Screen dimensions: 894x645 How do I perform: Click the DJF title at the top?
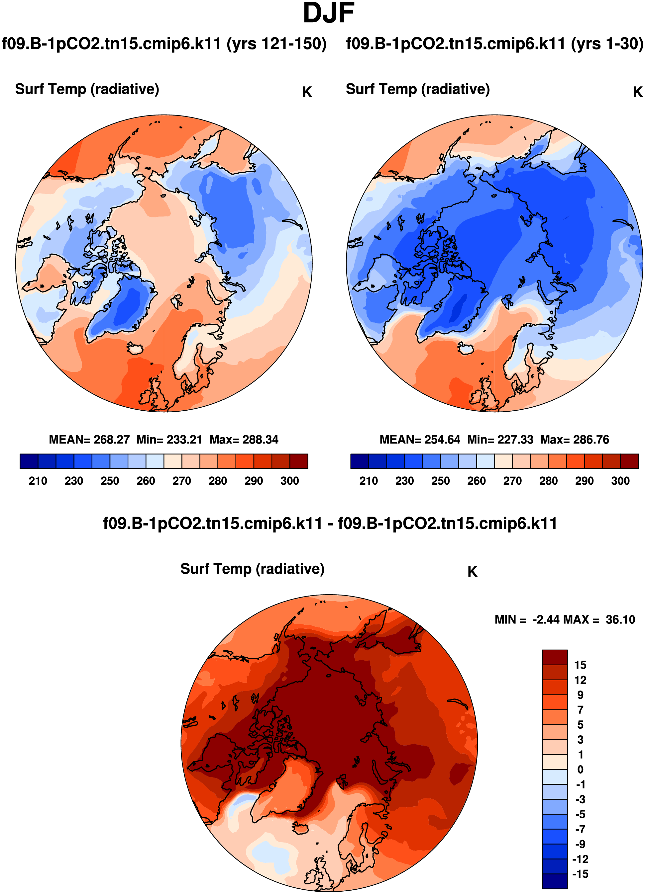pos(329,13)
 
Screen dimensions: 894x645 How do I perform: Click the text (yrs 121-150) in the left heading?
pos(276,44)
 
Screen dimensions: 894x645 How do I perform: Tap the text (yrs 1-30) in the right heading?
pos(607,44)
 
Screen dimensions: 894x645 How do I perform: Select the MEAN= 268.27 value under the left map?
pos(89,440)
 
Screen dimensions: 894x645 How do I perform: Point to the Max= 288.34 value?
pos(244,440)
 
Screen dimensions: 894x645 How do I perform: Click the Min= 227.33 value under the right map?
pos(500,440)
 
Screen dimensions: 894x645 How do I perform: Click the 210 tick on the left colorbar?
pos(38,481)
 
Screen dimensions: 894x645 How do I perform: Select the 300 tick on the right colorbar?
pos(620,481)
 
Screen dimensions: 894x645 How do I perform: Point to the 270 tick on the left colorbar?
pos(181,481)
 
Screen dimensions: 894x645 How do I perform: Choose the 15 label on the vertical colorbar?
pos(580,665)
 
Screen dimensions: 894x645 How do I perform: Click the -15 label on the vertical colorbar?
pos(580,874)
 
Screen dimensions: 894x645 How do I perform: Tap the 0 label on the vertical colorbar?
pos(580,770)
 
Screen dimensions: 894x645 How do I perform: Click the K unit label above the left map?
pos(307,92)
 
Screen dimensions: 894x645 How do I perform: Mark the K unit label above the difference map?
pos(472,572)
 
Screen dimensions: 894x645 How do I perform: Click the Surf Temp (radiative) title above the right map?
pos(418,89)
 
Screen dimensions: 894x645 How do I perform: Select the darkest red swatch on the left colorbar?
pos(299,461)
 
